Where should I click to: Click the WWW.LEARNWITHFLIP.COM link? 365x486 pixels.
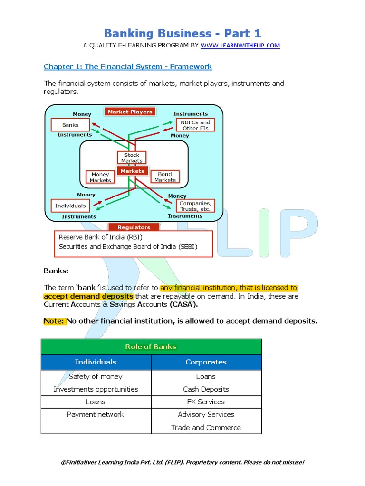240,46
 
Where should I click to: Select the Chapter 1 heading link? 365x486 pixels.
128,66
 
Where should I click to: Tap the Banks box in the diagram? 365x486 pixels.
71,125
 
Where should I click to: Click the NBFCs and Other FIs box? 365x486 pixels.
195,125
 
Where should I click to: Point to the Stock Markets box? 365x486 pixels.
132,158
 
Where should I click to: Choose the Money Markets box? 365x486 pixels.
100,178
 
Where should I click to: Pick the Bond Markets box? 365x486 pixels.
165,177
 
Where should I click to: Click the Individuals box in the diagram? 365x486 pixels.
70,206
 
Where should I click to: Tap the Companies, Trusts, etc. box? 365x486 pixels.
195,206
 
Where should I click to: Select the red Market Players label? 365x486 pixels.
130,112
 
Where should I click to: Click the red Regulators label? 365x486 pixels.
134,227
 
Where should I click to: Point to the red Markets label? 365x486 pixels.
132,171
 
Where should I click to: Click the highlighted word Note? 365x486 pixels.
54,321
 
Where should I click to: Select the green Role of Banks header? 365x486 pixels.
151,347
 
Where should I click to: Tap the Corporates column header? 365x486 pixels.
206,362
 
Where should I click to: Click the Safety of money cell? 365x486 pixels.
96,377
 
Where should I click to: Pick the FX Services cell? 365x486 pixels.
206,402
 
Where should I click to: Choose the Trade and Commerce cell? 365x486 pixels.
206,428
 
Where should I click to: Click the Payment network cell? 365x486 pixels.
96,415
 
